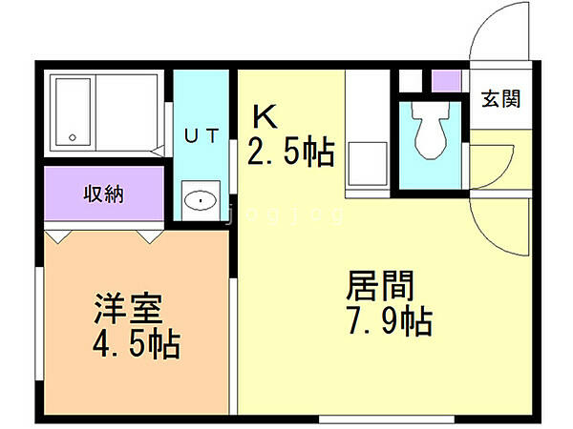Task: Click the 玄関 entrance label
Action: tap(499, 99)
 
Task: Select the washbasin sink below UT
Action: tap(200, 200)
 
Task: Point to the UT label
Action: tap(202, 136)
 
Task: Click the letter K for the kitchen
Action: tap(265, 116)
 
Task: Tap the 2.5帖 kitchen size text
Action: tap(291, 151)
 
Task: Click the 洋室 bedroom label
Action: tap(127, 310)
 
